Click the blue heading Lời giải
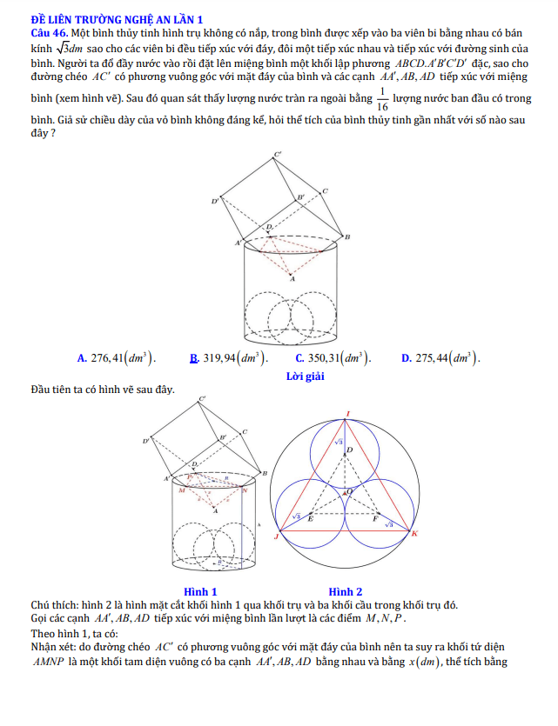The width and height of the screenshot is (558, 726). coord(305,376)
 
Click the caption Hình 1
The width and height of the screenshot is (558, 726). coord(200,591)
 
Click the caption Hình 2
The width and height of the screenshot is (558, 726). coord(346,591)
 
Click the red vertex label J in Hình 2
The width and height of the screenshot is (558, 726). coord(276,536)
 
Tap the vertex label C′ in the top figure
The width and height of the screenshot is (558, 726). coord(278,155)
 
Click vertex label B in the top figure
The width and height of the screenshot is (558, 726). coord(346,236)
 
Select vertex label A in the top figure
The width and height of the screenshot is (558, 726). coord(292,280)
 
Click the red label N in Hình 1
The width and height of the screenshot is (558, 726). coord(245,491)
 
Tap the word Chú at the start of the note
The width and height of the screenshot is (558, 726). coord(40,605)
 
